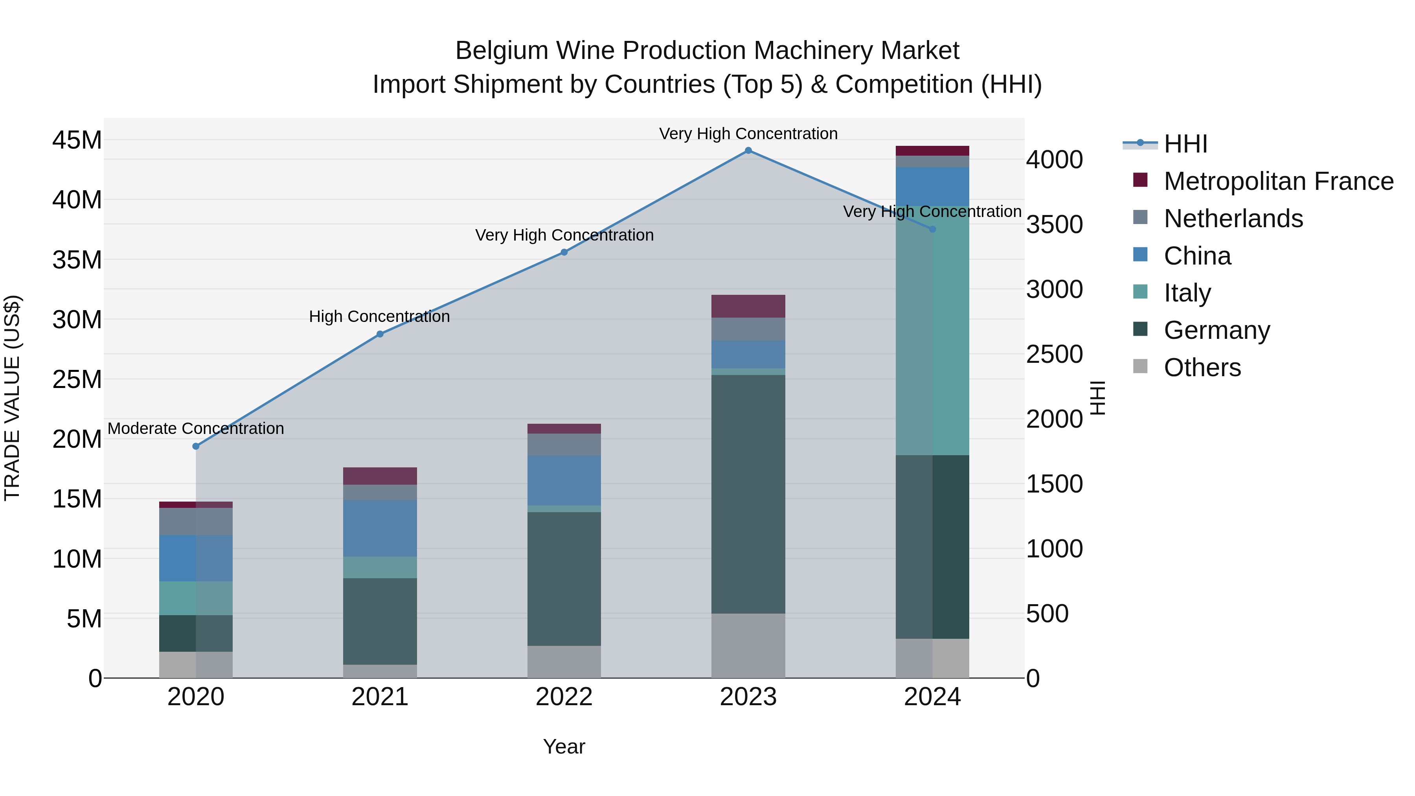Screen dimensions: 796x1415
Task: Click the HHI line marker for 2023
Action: (748, 151)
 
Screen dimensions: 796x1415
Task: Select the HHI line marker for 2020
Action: (196, 446)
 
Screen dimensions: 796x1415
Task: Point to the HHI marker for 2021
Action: (380, 334)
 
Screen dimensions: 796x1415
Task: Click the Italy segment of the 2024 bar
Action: (932, 330)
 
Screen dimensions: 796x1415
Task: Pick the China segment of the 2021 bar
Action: (380, 528)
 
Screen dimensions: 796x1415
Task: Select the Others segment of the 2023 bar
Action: (748, 645)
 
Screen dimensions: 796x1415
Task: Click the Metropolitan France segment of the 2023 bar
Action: (748, 306)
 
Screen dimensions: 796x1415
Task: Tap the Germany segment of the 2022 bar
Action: (564, 579)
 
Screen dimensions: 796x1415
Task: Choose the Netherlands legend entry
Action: (1233, 219)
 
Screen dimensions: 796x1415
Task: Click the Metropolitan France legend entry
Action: (1278, 181)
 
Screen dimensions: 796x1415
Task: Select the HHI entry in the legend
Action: (1185, 144)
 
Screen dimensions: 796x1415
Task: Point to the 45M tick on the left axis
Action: (77, 140)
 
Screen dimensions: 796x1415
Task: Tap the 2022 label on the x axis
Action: (564, 697)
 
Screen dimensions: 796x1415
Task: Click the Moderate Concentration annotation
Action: (196, 428)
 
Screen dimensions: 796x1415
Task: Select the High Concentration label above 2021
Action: (380, 316)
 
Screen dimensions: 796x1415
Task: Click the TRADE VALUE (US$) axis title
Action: (12, 398)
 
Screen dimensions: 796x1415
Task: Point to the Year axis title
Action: (564, 746)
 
